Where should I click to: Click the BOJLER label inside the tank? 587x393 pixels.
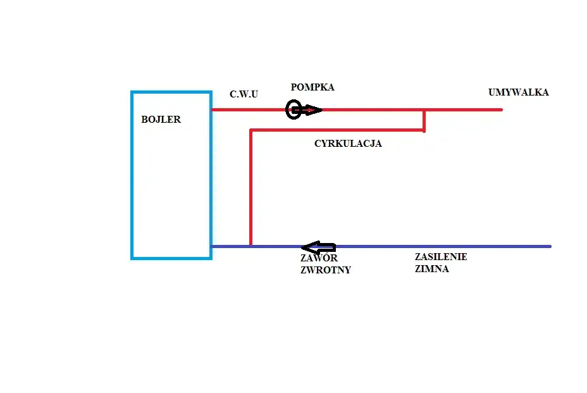point(161,119)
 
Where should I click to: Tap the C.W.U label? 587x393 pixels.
point(244,94)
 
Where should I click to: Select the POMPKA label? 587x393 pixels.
point(312,87)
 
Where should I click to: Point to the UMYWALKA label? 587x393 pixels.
point(519,92)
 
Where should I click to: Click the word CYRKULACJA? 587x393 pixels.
point(348,144)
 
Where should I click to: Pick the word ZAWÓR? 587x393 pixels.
point(319,258)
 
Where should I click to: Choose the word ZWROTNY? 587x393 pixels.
point(326,270)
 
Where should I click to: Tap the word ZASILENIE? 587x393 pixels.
point(441,257)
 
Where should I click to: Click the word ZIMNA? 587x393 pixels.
point(431,268)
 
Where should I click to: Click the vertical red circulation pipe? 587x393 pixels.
point(251,188)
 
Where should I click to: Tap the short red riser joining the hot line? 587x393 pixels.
point(424,120)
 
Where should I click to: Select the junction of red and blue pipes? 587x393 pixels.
point(251,246)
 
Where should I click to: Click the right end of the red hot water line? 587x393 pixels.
point(502,109)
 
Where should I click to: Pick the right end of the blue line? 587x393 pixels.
point(550,247)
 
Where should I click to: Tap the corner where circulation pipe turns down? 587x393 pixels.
point(251,130)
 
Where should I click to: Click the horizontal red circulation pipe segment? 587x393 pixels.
point(337,130)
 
